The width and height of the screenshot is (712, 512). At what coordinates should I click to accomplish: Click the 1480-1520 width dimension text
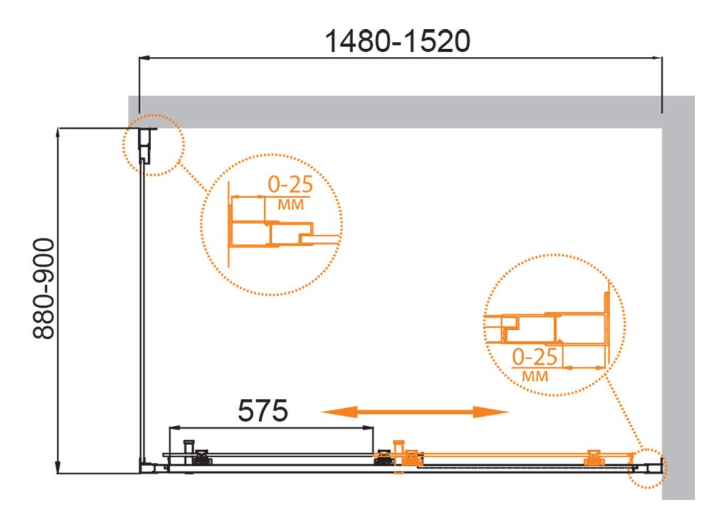click(397, 41)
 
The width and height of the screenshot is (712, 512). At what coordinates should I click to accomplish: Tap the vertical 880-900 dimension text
click(43, 289)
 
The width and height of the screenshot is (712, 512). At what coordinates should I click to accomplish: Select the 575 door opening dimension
click(263, 410)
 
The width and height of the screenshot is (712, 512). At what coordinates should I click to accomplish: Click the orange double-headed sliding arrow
click(415, 412)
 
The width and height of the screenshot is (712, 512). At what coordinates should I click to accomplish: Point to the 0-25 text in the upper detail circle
click(290, 184)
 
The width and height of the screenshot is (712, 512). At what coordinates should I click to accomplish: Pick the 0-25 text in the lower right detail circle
click(535, 357)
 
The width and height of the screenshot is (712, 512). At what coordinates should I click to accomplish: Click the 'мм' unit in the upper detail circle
click(290, 205)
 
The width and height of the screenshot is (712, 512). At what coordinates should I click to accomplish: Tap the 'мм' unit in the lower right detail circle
click(535, 376)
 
